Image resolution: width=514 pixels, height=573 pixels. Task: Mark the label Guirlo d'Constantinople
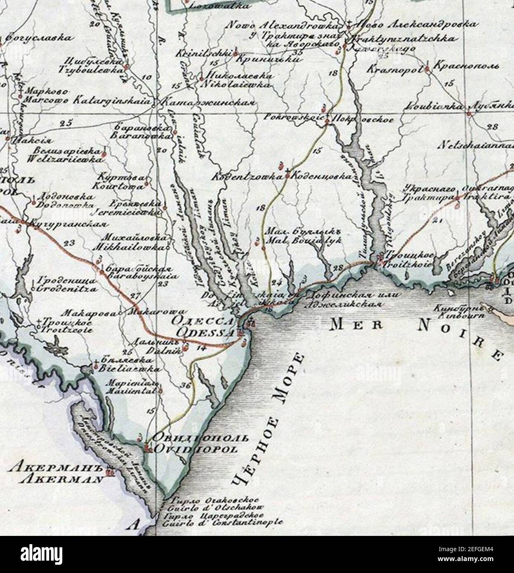[x=223, y=523]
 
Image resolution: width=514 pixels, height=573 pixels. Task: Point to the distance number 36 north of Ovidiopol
[x=185, y=386]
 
